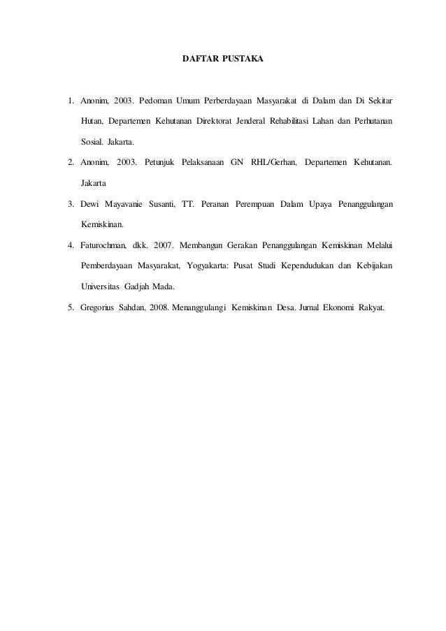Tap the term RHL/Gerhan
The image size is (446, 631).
(x=273, y=163)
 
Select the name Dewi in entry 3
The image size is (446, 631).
(x=91, y=204)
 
